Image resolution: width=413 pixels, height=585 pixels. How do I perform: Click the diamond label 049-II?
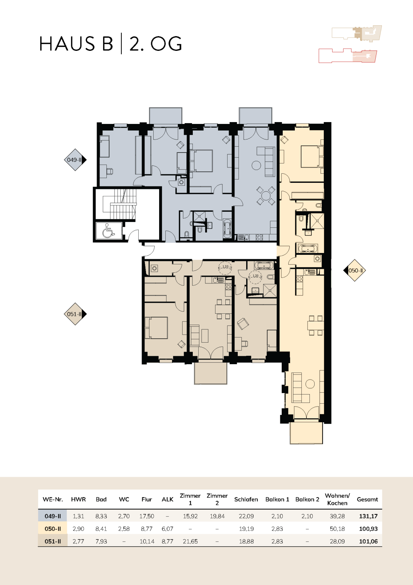click(x=75, y=160)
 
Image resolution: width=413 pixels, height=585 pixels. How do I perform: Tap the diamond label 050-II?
click(x=354, y=270)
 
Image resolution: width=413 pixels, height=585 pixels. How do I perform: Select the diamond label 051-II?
click(x=75, y=314)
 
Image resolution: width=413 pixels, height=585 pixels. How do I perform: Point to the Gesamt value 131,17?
click(x=368, y=516)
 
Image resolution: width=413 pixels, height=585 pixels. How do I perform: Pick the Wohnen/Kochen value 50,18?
click(x=337, y=529)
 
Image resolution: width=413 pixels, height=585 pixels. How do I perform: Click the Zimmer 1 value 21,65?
click(x=190, y=541)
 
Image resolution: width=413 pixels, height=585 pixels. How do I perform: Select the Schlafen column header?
click(x=246, y=499)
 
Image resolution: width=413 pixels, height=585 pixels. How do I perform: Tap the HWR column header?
click(x=78, y=499)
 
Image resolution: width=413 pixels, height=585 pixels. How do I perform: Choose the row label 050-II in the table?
click(x=53, y=529)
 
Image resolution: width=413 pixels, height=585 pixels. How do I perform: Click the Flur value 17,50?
click(x=147, y=516)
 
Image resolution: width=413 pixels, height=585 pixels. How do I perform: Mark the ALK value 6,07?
click(x=167, y=529)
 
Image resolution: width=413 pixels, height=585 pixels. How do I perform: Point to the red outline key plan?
click(x=348, y=56)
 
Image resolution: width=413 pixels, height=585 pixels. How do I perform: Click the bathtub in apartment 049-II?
click(x=227, y=228)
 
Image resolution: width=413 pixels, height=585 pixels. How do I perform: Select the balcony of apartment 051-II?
click(x=210, y=373)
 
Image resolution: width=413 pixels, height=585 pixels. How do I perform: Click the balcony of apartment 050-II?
click(x=307, y=433)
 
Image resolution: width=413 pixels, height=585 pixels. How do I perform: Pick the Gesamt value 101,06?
click(x=368, y=541)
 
